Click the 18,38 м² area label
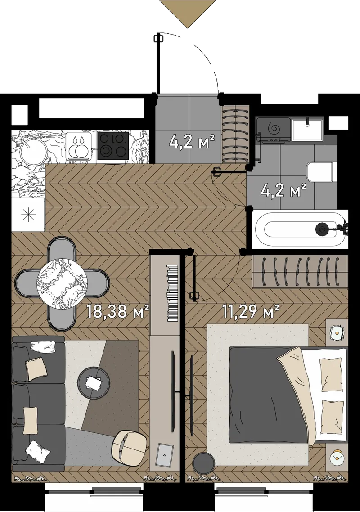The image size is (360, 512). click(118, 311)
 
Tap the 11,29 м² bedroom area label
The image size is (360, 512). click(251, 311)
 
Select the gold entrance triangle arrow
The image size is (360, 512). click(188, 13)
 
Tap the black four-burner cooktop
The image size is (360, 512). click(113, 145)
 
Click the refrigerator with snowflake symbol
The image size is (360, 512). click(28, 215)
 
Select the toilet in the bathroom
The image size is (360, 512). click(321, 172)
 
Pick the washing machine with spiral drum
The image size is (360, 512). click(274, 130)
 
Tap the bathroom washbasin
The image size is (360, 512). click(307, 130)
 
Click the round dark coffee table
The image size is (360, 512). click(94, 383)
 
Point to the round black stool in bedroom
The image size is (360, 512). click(203, 463)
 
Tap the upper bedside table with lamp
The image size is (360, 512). click(337, 333)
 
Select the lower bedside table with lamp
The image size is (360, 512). click(337, 456)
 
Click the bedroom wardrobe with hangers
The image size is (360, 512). click(299, 272)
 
